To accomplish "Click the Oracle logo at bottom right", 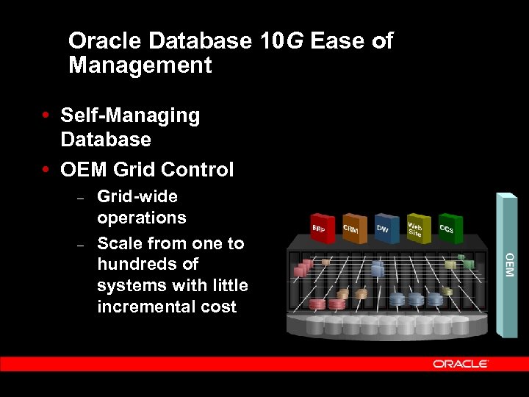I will pyautogui.click(x=461, y=363).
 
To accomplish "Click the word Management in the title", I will pyautogui.click(x=140, y=65).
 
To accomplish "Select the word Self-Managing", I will pyautogui.click(x=130, y=115).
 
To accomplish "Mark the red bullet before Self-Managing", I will pyautogui.click(x=46, y=115).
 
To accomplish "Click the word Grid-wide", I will pyautogui.click(x=137, y=196).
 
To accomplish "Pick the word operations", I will pyautogui.click(x=142, y=218).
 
